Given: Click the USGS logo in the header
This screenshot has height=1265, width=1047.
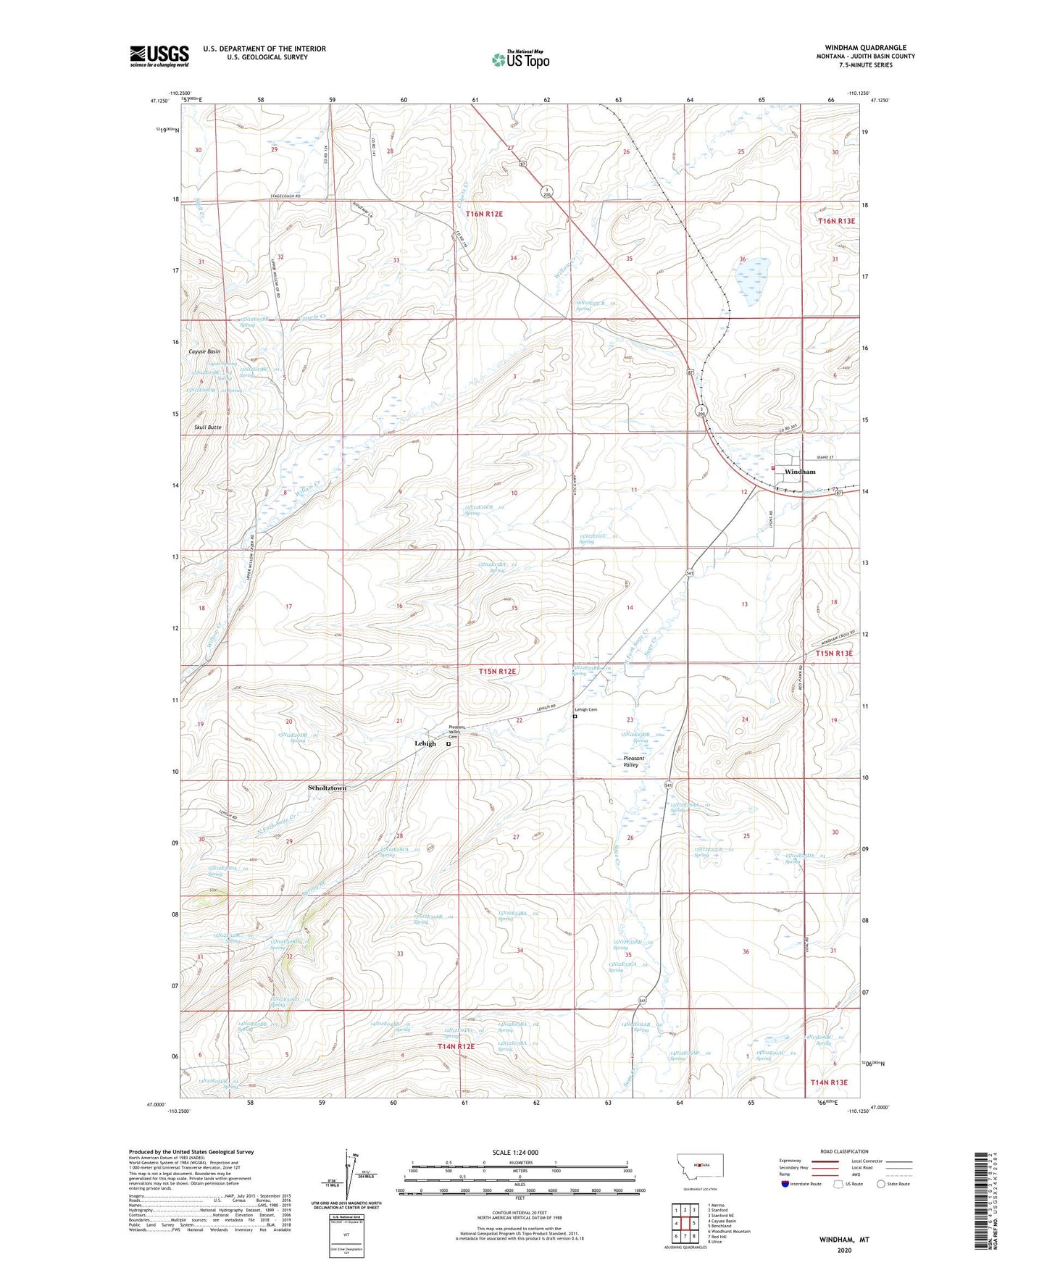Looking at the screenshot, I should [159, 56].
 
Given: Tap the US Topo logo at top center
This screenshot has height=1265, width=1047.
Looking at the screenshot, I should [520, 59].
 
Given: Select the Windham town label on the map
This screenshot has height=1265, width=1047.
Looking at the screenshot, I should [799, 472].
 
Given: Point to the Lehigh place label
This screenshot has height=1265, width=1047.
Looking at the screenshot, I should [425, 743].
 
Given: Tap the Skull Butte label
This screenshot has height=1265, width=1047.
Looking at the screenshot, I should [208, 427].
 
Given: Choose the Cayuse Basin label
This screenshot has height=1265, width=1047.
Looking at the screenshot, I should [204, 351].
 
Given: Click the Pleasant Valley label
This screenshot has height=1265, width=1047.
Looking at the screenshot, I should [630, 761].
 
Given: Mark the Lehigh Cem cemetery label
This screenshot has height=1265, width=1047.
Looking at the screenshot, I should [586, 709].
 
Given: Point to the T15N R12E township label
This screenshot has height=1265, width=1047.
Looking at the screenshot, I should [497, 672].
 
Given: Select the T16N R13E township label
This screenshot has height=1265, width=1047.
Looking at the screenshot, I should [836, 221].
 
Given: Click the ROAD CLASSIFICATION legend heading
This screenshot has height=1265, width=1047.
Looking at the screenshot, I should [844, 1151].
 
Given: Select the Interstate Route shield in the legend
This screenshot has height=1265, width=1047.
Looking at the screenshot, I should [787, 1184].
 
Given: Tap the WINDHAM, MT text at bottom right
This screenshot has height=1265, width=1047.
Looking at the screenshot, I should [844, 1240].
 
